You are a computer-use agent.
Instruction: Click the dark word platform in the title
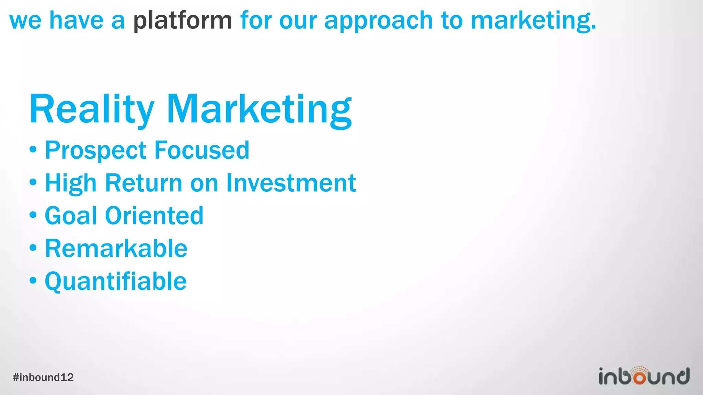[183, 21]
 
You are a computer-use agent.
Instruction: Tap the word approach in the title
[378, 21]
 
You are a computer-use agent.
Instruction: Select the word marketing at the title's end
[533, 21]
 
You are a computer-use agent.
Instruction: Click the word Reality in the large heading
[92, 109]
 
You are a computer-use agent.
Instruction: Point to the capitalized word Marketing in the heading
[260, 109]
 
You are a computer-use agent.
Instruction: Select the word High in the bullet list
[71, 183]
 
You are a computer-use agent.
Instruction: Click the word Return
[143, 183]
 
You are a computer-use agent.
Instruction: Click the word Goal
[71, 216]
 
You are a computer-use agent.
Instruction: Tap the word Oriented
[154, 216]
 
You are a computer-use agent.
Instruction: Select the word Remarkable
[116, 248]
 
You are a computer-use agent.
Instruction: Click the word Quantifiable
[116, 282]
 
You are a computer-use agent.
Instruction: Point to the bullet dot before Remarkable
[33, 248]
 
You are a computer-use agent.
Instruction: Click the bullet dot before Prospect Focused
[33, 149]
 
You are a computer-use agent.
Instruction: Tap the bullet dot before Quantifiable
[33, 280]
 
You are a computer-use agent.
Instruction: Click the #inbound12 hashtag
[43, 378]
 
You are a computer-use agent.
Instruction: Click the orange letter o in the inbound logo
[640, 377]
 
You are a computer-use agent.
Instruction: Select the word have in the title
[76, 21]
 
